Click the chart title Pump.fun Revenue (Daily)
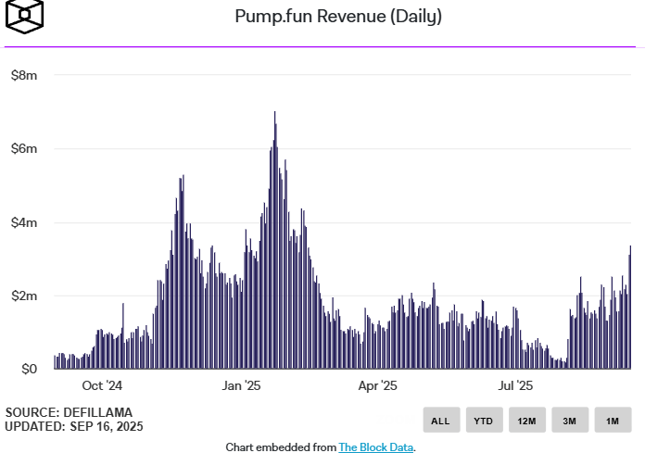pos(338,17)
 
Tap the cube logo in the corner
pos(25,17)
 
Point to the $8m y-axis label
pos(24,75)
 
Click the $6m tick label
pos(24,148)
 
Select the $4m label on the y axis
pos(24,222)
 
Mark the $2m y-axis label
pos(24,296)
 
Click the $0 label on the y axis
pos(30,369)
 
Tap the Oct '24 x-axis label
pos(102,385)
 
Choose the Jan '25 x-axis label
pos(242,385)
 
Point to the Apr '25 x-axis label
pos(377,385)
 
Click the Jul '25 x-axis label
pos(515,385)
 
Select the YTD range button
pos(484,420)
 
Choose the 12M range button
pos(527,420)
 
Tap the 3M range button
pos(570,420)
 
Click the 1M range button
pos(613,420)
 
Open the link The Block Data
pos(376,447)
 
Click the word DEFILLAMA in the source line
pos(98,412)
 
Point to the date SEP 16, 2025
pos(107,426)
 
